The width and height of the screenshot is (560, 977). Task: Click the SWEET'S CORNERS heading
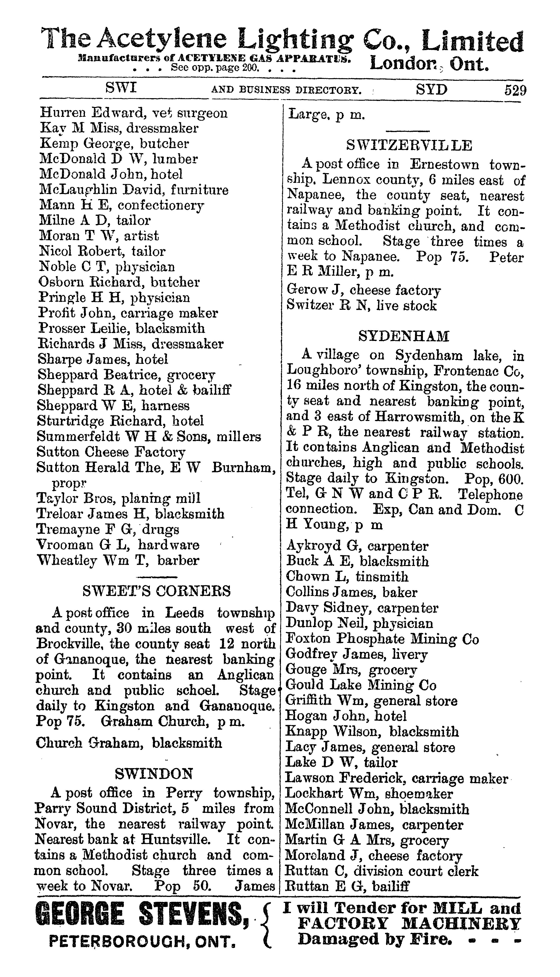click(x=157, y=590)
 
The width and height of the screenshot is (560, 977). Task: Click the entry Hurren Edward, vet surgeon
click(x=133, y=113)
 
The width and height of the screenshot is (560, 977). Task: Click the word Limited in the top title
click(x=472, y=42)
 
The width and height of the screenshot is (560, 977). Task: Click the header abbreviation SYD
click(x=431, y=90)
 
